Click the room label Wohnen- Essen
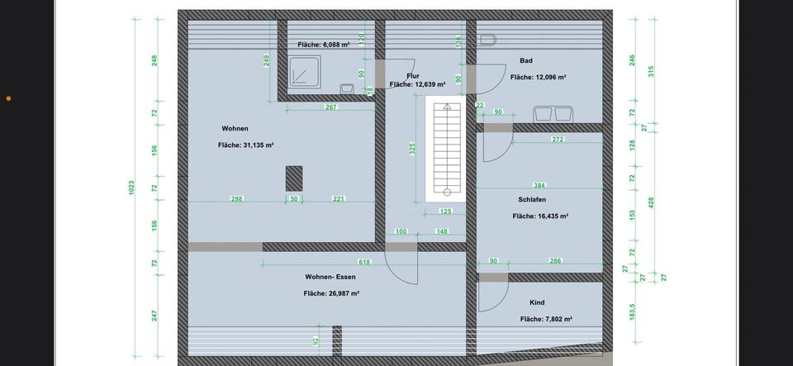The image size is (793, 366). pos(330,277)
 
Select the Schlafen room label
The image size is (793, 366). pos(532,199)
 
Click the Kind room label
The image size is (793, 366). pos(537,303)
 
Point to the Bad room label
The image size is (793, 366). pos(526,60)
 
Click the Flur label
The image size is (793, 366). pos(413,75)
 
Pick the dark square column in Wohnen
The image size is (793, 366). pos(293,178)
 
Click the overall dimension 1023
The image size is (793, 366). pos(131,188)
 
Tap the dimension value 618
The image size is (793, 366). pos(364,262)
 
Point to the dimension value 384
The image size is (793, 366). pos(539,186)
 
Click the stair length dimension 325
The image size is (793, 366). pos(412,150)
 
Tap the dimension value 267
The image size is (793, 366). pos(330,107)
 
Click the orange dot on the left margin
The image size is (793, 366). pos(8,98)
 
